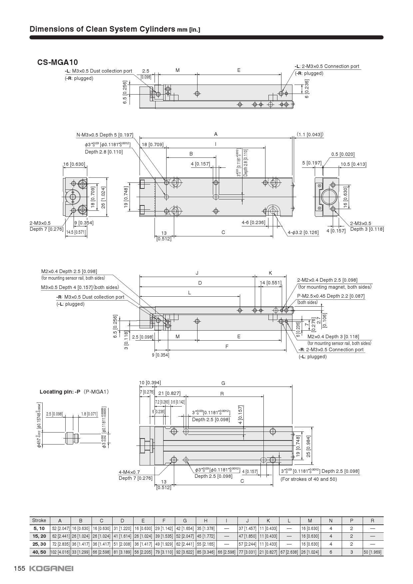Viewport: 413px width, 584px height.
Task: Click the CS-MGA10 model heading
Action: click(x=58, y=62)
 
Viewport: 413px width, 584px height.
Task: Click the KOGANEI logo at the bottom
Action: click(x=51, y=568)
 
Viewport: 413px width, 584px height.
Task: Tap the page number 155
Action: click(x=19, y=568)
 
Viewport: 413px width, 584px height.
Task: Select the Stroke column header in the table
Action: click(x=39, y=520)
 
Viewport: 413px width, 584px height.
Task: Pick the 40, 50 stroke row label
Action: click(x=39, y=552)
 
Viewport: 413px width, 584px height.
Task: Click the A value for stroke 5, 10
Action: click(x=60, y=528)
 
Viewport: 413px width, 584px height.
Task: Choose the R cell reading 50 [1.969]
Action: click(x=372, y=552)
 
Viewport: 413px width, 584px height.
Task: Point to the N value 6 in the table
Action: click(x=331, y=552)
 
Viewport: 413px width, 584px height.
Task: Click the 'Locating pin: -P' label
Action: click(x=60, y=392)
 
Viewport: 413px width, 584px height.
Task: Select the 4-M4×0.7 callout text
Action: click(x=129, y=472)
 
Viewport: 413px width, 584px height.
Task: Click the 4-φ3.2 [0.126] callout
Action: click(x=303, y=232)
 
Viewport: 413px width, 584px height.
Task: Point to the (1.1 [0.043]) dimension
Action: click(x=310, y=135)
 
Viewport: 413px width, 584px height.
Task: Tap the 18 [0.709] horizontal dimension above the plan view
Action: click(x=153, y=145)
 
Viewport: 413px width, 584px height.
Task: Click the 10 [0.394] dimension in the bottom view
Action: click(x=150, y=383)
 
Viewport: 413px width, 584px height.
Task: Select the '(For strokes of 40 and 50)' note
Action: click(x=308, y=479)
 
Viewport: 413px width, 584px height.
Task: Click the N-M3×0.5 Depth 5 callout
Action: click(x=105, y=135)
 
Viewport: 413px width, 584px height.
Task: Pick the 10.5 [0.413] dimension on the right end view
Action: click(x=353, y=164)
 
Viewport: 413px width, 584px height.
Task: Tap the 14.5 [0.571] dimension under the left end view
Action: click(x=76, y=232)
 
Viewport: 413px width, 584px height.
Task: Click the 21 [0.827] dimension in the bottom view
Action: click(x=169, y=393)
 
